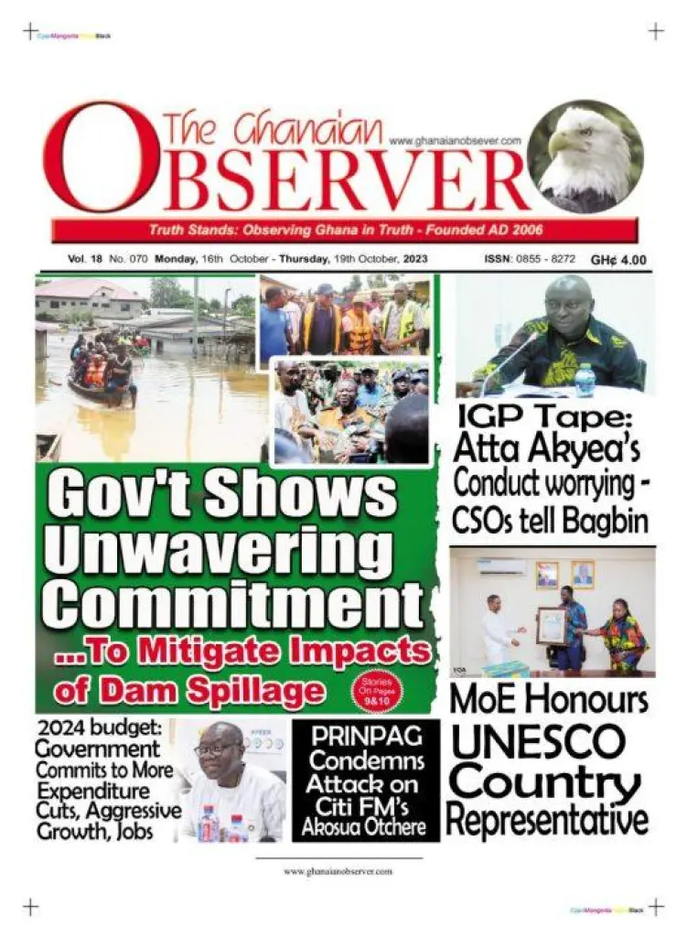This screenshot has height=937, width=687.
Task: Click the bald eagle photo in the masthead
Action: click(585, 157)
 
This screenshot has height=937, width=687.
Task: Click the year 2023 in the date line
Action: click(407, 259)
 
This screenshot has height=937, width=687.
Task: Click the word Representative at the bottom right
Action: click(547, 819)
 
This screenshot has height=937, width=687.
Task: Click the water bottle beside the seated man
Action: click(585, 378)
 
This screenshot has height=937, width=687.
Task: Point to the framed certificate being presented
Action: click(551, 626)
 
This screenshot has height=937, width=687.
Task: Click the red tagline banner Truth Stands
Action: click(345, 230)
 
